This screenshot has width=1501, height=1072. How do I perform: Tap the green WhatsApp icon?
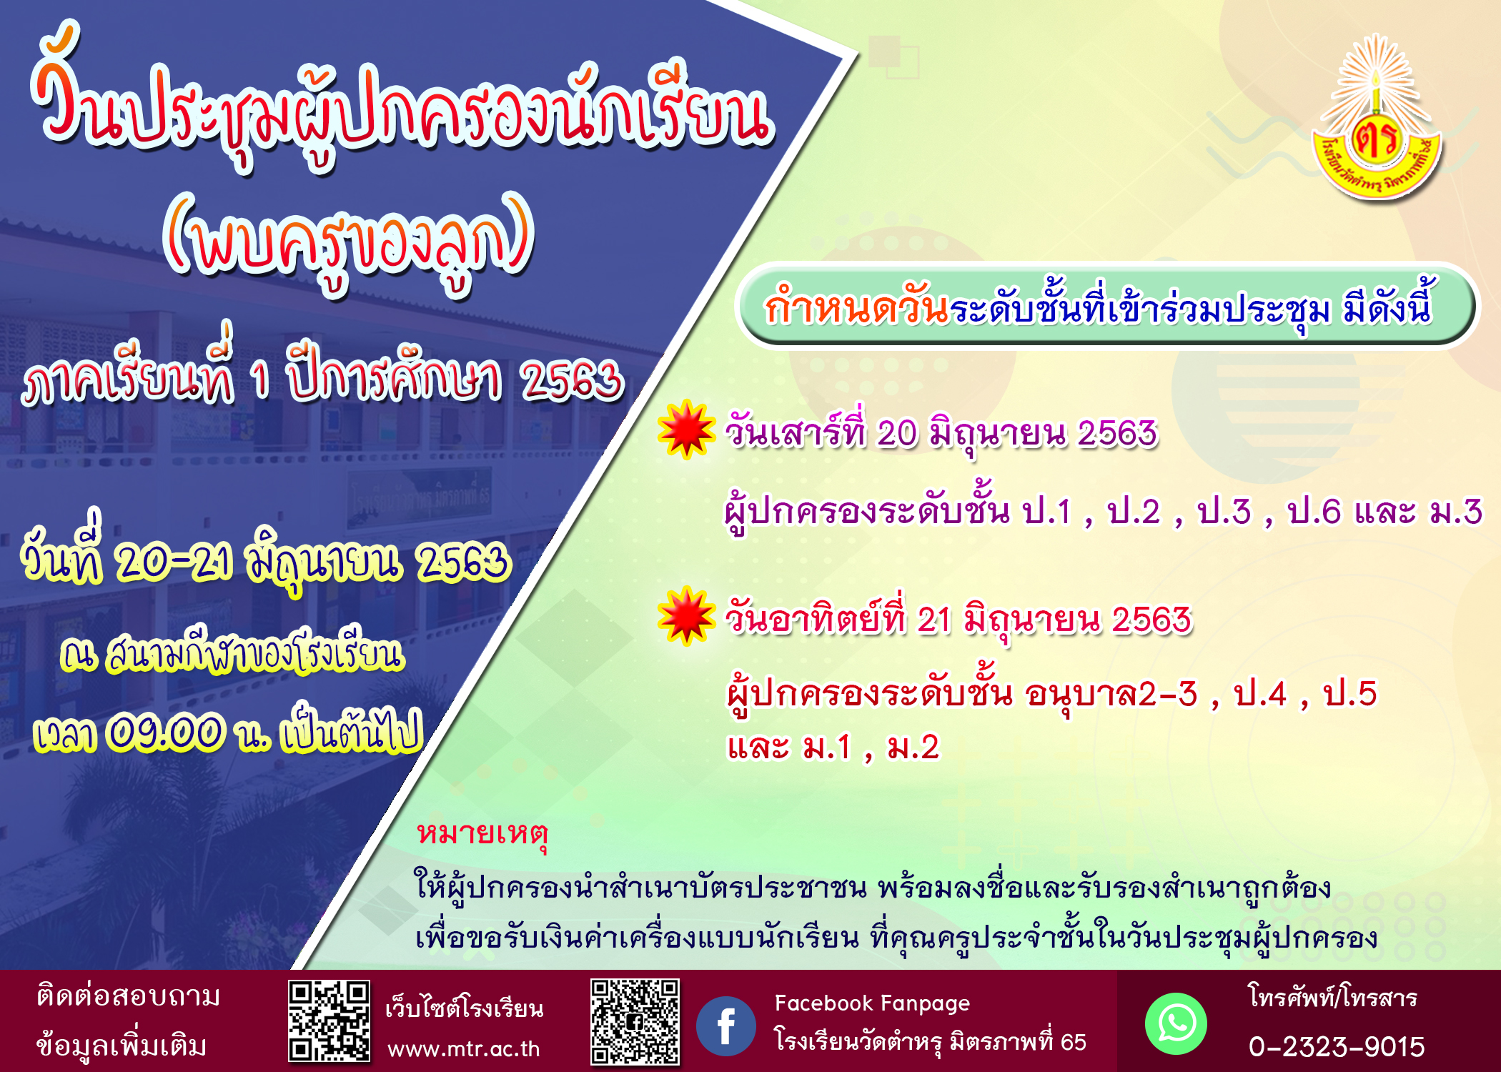pos(1176,1023)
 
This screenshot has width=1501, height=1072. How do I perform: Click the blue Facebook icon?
pos(725,1026)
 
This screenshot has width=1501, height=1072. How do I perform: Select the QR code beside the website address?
pos(329,1021)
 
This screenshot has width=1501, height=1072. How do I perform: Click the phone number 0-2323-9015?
pos(1336,1047)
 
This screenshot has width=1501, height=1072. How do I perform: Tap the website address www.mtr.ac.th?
pos(463,1048)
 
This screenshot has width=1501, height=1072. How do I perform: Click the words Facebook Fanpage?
pos(872,1004)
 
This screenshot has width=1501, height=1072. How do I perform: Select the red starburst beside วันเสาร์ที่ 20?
pos(686,429)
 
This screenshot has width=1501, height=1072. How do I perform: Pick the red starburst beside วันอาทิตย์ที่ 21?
pos(686,616)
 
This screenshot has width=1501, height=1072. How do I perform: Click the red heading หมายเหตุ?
pos(482,835)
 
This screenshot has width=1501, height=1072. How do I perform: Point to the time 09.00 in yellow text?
pos(165,733)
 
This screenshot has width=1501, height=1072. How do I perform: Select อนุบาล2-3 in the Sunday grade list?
pos(1111,693)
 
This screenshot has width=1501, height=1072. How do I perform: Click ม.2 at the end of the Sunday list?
pos(913,748)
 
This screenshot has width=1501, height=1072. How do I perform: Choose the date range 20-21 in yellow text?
pos(174,562)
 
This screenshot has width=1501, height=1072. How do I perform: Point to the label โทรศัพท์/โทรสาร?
pos(1333,997)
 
